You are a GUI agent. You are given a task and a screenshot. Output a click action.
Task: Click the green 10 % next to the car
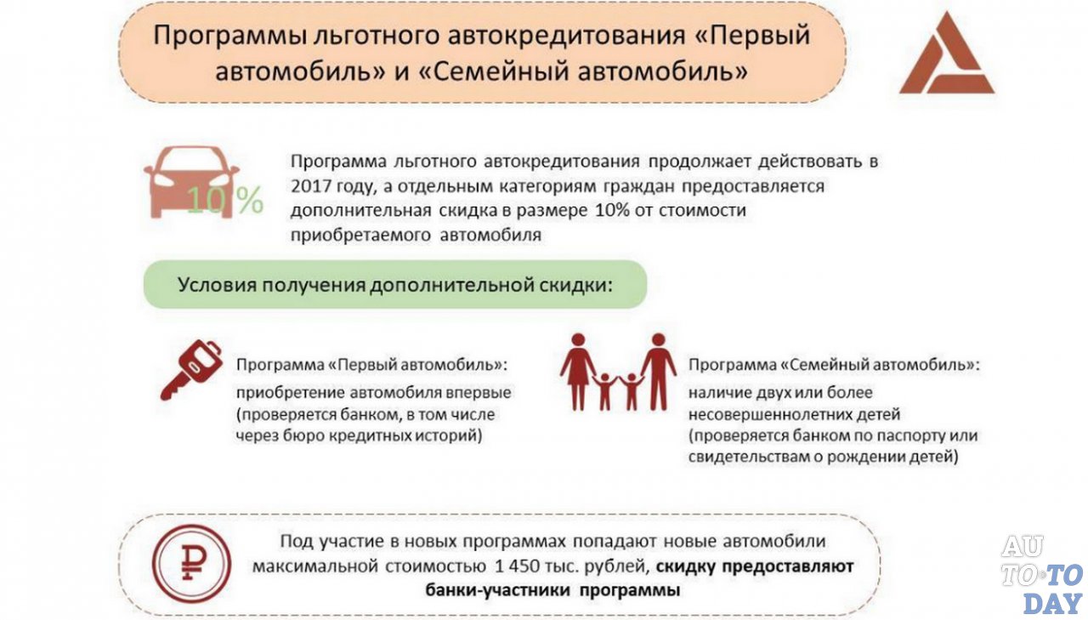(x=224, y=202)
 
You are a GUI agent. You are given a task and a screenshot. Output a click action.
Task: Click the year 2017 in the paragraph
(x=310, y=185)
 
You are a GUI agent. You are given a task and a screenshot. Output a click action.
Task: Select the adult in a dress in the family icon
(x=578, y=372)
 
